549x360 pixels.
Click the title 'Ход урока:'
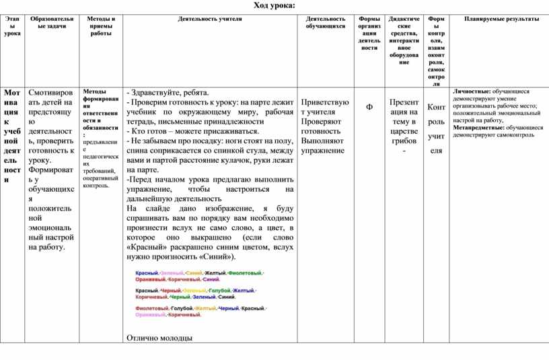coord(274,6)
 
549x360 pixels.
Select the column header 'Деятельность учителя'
coord(210,20)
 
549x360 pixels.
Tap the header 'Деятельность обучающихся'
coord(326,23)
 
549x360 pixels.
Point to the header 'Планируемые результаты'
coord(501,20)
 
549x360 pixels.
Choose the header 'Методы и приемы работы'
coord(101,26)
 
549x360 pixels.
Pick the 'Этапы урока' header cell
coord(12,26)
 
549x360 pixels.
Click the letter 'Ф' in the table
coord(369,108)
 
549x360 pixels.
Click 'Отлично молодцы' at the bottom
coord(159,338)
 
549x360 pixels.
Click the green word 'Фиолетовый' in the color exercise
coord(246,273)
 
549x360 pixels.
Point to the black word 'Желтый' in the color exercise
coord(215,273)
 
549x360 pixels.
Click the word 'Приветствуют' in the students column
coord(326,102)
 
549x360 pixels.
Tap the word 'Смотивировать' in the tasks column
coord(51,92)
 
